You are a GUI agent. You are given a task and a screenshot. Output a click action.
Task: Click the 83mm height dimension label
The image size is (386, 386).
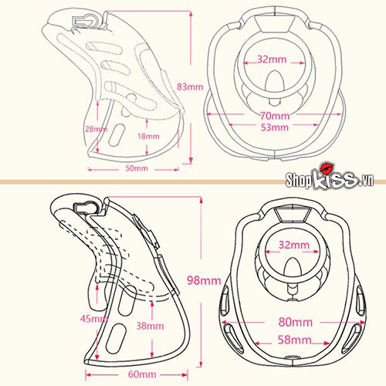(190, 86)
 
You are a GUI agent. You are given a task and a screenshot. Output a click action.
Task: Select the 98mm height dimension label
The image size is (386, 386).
(204, 280)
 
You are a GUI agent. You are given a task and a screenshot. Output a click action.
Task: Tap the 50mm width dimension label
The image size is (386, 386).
(137, 168)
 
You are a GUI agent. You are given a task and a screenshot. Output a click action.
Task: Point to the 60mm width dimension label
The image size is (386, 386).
(142, 374)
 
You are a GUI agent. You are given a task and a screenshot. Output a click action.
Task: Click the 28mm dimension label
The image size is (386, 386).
(96, 129)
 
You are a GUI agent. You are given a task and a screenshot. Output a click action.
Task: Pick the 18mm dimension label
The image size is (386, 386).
(148, 136)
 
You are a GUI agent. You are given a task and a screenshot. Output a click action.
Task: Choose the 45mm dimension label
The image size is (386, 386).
(94, 319)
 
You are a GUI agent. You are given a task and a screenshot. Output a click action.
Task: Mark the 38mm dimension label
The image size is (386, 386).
(150, 326)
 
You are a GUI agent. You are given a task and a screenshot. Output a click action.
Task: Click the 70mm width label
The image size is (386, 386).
(275, 116)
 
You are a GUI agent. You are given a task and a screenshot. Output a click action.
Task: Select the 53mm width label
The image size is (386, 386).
(275, 127)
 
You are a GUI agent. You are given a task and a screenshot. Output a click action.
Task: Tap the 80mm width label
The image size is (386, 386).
(296, 322)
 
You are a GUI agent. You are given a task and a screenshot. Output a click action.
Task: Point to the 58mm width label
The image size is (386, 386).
(295, 340)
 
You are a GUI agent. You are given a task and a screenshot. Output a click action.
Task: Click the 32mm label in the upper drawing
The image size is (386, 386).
(272, 59)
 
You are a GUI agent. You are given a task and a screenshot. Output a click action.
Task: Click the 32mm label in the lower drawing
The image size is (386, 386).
(294, 245)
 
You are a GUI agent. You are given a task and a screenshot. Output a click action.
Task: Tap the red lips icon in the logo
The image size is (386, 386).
(327, 168)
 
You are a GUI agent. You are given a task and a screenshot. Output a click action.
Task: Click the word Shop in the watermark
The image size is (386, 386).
(299, 180)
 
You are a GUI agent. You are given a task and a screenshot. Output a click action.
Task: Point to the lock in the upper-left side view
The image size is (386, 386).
(85, 21)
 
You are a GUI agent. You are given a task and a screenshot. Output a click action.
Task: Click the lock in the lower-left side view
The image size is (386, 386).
(86, 207)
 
